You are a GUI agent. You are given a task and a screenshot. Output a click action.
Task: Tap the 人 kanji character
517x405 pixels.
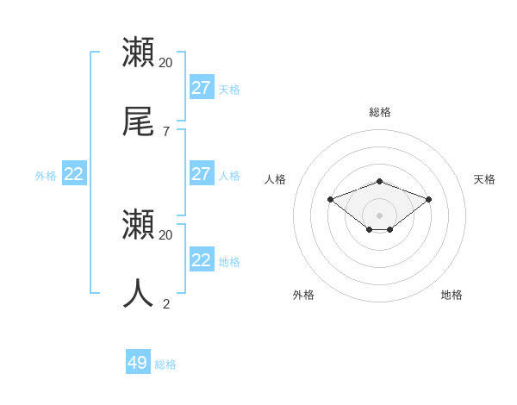pyautogui.click(x=139, y=293)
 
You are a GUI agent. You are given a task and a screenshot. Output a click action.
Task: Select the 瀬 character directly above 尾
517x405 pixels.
pyautogui.click(x=139, y=53)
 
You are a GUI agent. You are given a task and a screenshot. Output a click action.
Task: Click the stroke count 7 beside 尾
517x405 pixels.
pyautogui.click(x=165, y=131)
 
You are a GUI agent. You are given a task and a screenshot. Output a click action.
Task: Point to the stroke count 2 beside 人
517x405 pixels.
pyautogui.click(x=165, y=302)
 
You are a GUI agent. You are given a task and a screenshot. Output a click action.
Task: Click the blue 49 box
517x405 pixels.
pyautogui.click(x=138, y=363)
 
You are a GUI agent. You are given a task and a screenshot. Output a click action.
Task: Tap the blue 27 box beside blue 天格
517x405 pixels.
pyautogui.click(x=202, y=88)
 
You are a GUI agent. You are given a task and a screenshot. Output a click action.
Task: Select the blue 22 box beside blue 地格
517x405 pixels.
pyautogui.click(x=202, y=260)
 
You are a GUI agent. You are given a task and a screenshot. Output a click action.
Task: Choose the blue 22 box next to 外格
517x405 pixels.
pyautogui.click(x=74, y=174)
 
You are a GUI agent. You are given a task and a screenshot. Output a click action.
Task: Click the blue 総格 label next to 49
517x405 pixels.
pyautogui.click(x=165, y=364)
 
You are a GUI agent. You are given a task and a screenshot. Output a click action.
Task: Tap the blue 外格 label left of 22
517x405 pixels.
pyautogui.click(x=46, y=176)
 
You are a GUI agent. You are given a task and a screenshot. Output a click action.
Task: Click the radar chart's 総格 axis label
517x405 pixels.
pyautogui.click(x=380, y=112)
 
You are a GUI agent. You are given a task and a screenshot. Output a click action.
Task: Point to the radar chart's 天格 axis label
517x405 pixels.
pyautogui.click(x=484, y=179)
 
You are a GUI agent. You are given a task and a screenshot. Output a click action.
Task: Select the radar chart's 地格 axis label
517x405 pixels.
pyautogui.click(x=452, y=295)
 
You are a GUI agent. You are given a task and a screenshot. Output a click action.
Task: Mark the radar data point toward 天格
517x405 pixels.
pyautogui.click(x=429, y=199)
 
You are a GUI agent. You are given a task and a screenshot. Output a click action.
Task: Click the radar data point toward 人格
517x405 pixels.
pyautogui.click(x=330, y=199)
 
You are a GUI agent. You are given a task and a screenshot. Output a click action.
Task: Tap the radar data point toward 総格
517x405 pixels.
pyautogui.click(x=380, y=181)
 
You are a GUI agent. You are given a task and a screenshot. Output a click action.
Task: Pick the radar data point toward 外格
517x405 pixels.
pyautogui.click(x=370, y=229)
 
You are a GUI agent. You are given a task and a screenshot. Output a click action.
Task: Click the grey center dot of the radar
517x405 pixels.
pyautogui.click(x=380, y=215)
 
